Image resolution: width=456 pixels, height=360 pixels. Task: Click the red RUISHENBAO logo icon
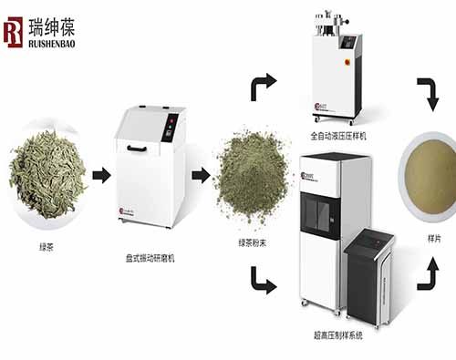pyautogui.click(x=14, y=31)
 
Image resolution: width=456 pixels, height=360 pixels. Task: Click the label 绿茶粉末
pyautogui.click(x=252, y=242)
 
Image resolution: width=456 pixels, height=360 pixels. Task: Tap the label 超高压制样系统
pyautogui.click(x=338, y=337)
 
